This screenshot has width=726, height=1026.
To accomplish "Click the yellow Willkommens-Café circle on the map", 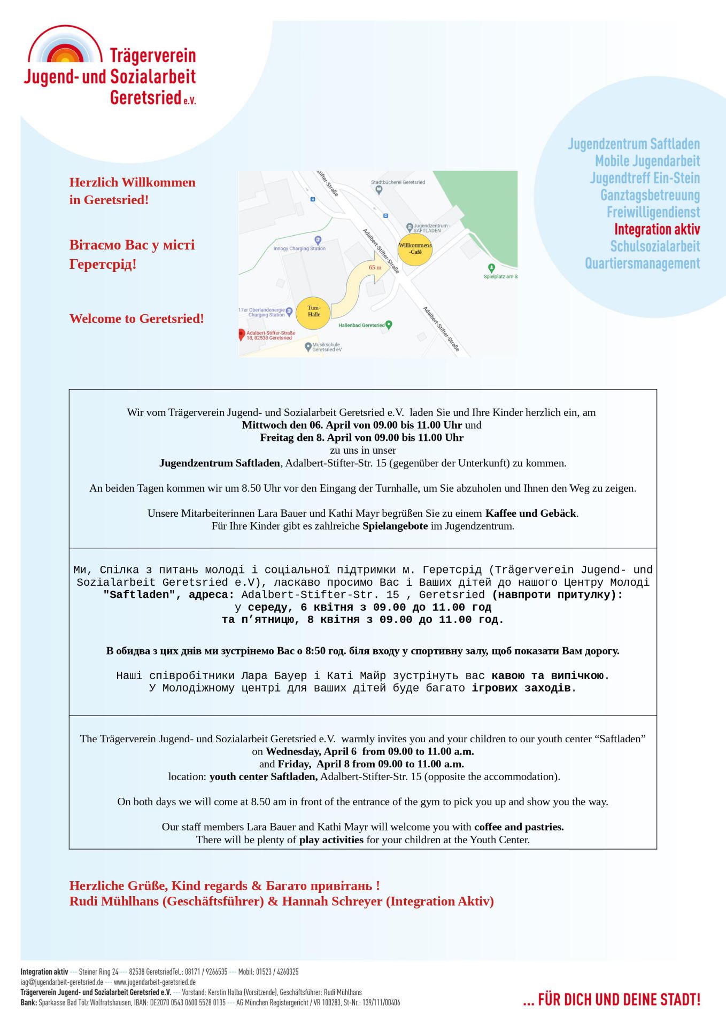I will tap(415, 249).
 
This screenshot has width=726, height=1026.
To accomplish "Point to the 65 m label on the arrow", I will tap(375, 267).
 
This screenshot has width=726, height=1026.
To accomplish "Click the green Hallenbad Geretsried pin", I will tap(389, 324).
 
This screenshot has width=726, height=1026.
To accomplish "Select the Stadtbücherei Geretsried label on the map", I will tap(398, 182).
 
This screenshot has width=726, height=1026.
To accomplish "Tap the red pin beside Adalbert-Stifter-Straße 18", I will tap(242, 334).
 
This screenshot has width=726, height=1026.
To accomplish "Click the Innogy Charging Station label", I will tap(299, 248).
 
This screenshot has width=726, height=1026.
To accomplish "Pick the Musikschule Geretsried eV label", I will tap(326, 347).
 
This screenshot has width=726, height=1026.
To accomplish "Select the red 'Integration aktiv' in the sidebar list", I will tap(657, 229).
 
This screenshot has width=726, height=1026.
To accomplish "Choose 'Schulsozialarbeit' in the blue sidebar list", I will tap(655, 246).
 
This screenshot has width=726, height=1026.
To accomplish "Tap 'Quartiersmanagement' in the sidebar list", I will tap(642, 263).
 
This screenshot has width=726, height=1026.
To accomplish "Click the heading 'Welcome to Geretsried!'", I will tap(136, 318).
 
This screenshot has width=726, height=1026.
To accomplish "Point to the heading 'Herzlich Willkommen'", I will tap(132, 182).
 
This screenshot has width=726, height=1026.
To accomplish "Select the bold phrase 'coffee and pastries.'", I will tap(519, 827).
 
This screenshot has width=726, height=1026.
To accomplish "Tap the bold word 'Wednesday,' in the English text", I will tap(292, 751).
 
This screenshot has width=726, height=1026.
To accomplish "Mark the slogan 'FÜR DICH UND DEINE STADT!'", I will tap(619, 1000).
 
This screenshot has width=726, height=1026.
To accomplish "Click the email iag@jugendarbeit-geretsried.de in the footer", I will tap(62, 982).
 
